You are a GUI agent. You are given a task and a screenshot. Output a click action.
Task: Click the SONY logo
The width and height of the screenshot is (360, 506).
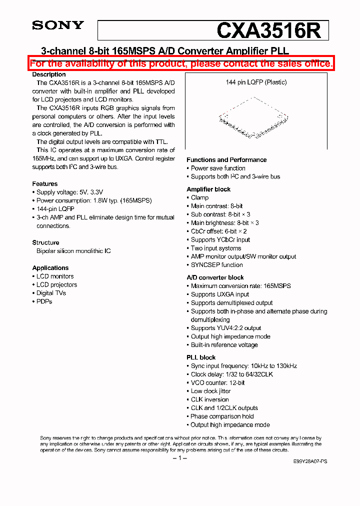click(58, 25)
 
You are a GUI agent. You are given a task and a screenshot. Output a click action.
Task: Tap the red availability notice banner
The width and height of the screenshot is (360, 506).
click(180, 63)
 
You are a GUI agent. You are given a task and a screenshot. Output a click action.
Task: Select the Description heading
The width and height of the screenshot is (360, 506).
click(49, 74)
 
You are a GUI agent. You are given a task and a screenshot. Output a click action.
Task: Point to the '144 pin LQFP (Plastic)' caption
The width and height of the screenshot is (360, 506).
click(256, 82)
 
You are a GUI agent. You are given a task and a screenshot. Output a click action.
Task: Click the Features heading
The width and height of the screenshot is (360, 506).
click(45, 184)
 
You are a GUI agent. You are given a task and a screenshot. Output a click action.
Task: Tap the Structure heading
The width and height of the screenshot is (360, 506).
click(46, 242)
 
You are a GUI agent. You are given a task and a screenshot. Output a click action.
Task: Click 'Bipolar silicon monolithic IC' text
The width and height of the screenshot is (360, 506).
click(73, 251)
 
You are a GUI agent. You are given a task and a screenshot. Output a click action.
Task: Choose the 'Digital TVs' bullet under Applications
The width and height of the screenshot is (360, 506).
click(51, 293)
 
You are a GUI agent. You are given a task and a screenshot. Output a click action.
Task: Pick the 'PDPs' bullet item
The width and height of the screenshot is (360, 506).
click(44, 301)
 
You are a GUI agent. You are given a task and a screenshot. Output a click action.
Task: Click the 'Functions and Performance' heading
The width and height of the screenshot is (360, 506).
click(226, 160)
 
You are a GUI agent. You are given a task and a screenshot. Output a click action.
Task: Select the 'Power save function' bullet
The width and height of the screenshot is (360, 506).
click(218, 168)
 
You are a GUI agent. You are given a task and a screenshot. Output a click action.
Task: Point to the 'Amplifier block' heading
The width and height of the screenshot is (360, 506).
click(208, 189)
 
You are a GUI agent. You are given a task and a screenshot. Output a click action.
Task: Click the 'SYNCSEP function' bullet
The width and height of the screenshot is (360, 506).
click(216, 265)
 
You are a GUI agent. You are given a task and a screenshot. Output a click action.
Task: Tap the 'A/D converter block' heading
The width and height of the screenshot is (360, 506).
click(215, 277)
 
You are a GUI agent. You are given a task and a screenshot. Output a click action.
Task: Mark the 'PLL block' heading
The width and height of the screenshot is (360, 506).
click(201, 357)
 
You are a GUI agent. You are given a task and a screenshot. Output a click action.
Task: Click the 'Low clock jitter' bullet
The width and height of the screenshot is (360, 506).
click(210, 391)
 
